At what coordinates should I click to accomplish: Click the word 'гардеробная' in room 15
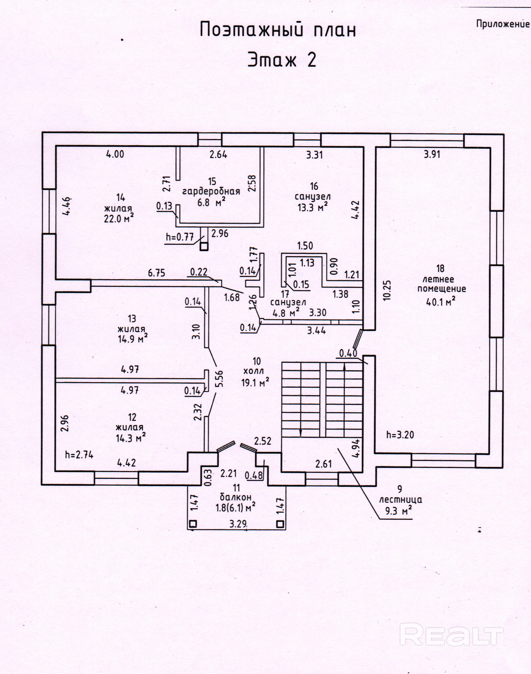click(x=211, y=192)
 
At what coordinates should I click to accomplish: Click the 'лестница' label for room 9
click(x=401, y=500)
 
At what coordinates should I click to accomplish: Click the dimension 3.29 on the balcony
click(x=238, y=524)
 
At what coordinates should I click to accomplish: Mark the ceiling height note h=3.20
click(x=400, y=435)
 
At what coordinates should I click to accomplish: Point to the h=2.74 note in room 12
click(x=79, y=455)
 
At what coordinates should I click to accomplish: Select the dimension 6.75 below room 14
click(x=156, y=273)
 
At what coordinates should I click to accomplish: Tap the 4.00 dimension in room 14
click(x=115, y=154)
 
